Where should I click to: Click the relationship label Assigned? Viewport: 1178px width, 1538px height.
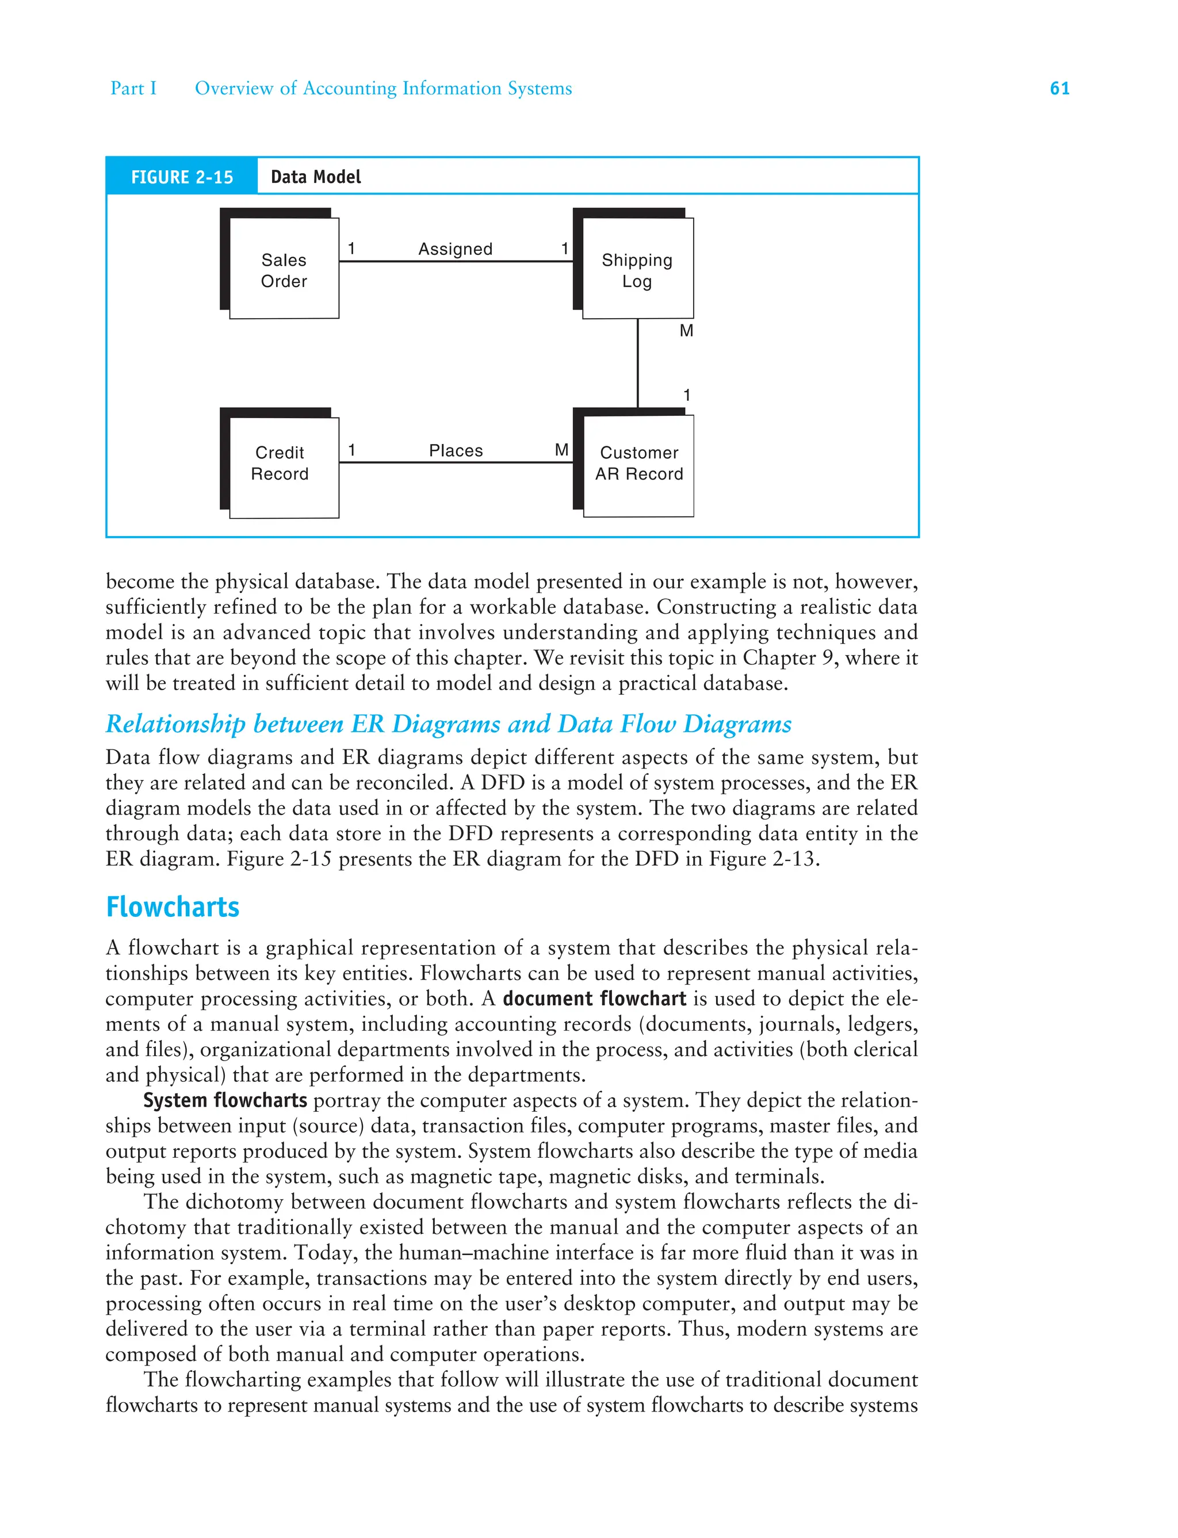pos(455,250)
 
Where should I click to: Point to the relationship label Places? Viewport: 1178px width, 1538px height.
pos(456,451)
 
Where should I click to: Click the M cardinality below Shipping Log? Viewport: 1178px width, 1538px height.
pos(686,331)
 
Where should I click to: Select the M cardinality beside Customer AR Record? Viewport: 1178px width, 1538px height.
pos(561,450)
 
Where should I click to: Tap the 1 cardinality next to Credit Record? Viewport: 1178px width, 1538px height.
pos(351,450)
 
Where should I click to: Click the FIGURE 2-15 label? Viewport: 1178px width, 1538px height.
pos(182,177)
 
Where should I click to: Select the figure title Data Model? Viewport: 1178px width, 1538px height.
pos(316,177)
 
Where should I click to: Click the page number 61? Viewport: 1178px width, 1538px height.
pos(1059,89)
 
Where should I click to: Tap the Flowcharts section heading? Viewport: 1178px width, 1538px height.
pos(173,907)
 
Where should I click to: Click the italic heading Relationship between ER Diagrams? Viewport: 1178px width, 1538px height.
pos(449,724)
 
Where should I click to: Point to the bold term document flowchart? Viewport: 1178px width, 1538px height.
pos(594,998)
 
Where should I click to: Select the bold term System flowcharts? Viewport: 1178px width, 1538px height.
pos(225,1100)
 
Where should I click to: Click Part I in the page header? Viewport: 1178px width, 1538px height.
pos(133,89)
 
